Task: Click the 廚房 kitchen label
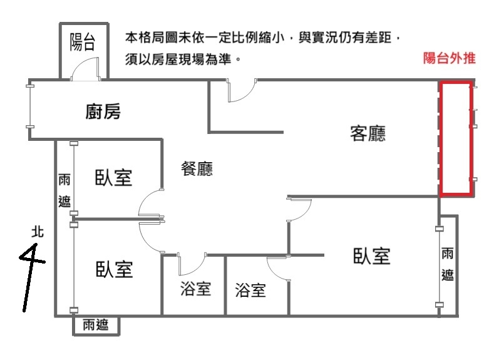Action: point(103,112)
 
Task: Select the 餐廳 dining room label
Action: point(197,168)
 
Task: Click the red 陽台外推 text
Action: point(450,59)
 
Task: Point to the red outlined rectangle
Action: point(456,138)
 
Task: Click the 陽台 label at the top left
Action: point(83,43)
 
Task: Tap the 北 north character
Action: point(38,232)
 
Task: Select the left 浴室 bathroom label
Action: point(195,289)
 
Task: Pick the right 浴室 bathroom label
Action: point(250,290)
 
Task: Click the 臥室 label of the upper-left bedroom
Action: point(113,177)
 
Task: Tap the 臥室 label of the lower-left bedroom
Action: point(114,270)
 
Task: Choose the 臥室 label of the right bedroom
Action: point(371,255)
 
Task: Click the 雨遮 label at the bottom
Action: point(95,325)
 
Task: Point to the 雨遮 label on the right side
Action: point(448,264)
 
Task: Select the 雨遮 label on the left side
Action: point(64,190)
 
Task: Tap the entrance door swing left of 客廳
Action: point(240,91)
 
